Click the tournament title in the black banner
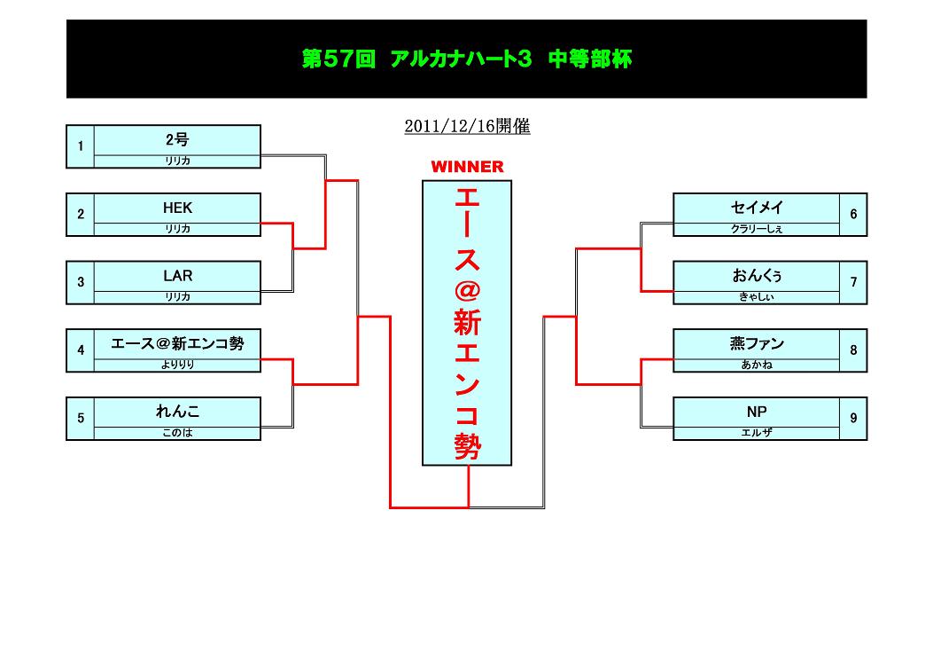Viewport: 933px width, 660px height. [466, 59]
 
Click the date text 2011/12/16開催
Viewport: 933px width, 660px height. [467, 127]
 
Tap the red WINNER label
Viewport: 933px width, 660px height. [467, 167]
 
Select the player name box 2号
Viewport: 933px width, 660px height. [177, 140]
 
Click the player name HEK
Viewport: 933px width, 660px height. [177, 208]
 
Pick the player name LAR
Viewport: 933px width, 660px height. [177, 276]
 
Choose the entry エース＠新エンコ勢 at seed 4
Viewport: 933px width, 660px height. [177, 344]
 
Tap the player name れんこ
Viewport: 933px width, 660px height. [177, 412]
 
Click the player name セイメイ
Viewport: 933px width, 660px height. [757, 208]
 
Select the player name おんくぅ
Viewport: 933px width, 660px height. [757, 276]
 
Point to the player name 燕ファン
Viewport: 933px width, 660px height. [757, 344]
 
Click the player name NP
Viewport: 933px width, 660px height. [757, 412]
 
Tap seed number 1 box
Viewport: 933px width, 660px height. [81, 146]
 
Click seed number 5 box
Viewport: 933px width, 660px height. [81, 419]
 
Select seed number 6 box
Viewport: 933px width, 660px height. [853, 215]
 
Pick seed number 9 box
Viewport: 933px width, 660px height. [853, 419]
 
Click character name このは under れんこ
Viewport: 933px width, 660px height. [177, 433]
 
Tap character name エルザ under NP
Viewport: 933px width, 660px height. [757, 433]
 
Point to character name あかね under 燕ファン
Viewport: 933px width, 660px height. [757, 365]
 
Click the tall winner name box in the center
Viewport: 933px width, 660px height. [467, 323]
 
